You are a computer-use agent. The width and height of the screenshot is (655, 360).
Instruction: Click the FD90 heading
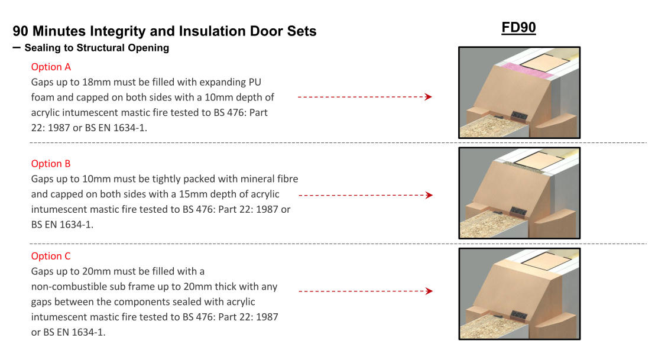[x=518, y=28]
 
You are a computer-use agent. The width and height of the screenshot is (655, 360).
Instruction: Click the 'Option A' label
[x=51, y=67]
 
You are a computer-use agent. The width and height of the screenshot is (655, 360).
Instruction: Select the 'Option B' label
[x=51, y=164]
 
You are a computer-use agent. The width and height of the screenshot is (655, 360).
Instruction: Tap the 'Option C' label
[x=51, y=256]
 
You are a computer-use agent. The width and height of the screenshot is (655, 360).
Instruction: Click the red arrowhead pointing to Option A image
[x=429, y=97]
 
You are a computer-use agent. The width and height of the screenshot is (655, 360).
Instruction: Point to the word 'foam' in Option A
[x=44, y=98]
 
